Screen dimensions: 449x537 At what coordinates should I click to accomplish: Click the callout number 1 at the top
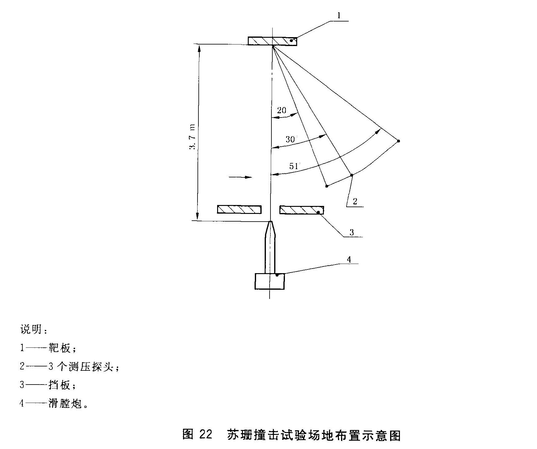pos(339,16)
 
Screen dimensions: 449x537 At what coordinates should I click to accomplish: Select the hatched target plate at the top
pos(272,41)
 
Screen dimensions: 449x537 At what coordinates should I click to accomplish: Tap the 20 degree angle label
pos(282,110)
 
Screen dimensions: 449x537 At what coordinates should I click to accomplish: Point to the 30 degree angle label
pos(290,139)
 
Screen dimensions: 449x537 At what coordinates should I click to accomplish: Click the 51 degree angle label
pos(293,166)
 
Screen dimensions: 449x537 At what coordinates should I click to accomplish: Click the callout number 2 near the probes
pos(355,201)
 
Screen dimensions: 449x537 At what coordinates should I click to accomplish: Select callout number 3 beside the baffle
pos(351,232)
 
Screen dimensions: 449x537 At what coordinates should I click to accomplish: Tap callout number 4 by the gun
pos(349,259)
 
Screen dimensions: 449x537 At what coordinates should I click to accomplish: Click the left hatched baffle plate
pos(239,209)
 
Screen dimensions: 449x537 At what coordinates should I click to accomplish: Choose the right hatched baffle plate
pos(301,210)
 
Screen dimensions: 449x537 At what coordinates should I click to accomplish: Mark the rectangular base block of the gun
pos(270,281)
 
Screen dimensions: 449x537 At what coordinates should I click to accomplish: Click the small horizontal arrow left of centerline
pos(240,177)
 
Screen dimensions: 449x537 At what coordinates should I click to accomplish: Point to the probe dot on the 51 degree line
pos(398,141)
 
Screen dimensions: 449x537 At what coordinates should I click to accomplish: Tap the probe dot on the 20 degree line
pos(327,186)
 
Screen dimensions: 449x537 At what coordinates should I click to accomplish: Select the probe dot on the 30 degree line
pos(352,175)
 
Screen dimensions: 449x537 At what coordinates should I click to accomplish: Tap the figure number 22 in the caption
pos(205,435)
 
